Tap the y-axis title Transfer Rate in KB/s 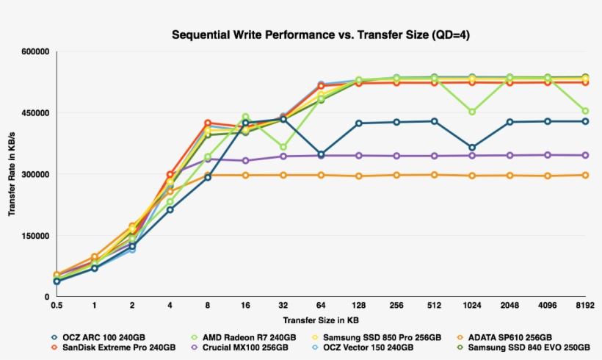(x=12, y=173)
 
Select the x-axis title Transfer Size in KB (x=320, y=320)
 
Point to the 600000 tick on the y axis (x=34, y=52)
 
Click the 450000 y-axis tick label (x=34, y=113)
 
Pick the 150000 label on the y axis (x=34, y=236)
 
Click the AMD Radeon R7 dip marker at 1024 (x=472, y=112)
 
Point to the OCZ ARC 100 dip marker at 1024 (x=472, y=148)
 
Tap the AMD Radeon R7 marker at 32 (x=283, y=147)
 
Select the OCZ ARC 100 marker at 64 (x=321, y=154)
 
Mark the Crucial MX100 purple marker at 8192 (x=585, y=155)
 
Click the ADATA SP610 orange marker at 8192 (x=585, y=175)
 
